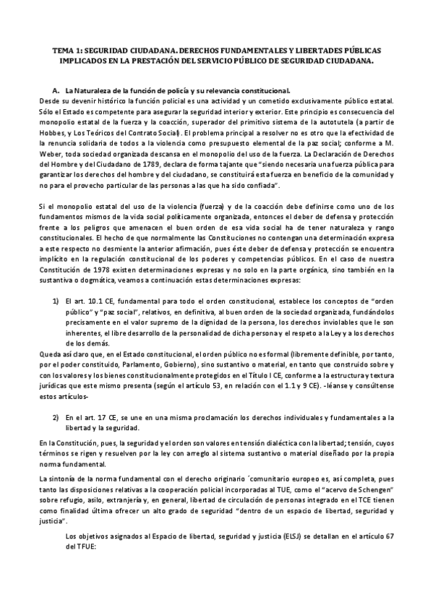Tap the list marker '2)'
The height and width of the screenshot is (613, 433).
[55, 418]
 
